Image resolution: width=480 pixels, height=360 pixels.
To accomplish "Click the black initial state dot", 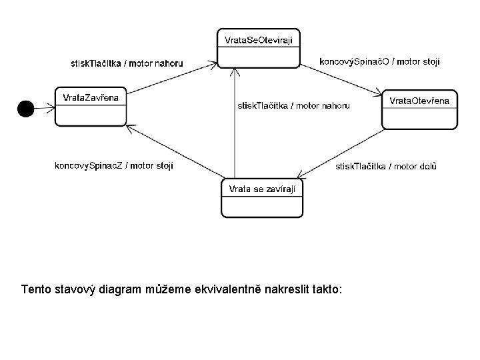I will click(25, 109).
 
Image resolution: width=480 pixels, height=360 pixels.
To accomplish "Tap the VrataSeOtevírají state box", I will click(259, 48).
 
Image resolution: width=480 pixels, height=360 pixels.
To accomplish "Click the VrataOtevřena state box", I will click(419, 109).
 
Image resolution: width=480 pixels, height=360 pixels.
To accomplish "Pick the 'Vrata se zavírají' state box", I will click(262, 198).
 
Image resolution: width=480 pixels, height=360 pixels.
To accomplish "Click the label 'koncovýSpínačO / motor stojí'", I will click(379, 61).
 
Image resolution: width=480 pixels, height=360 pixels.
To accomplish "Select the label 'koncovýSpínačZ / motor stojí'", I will click(113, 165).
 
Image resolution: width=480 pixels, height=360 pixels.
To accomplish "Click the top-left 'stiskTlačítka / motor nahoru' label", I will click(127, 63).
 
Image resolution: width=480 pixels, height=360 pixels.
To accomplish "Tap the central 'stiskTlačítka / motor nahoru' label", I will click(293, 105).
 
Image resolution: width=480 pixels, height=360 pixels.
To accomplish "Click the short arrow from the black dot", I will click(44, 107).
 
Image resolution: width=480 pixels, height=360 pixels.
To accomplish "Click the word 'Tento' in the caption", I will click(35, 289).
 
